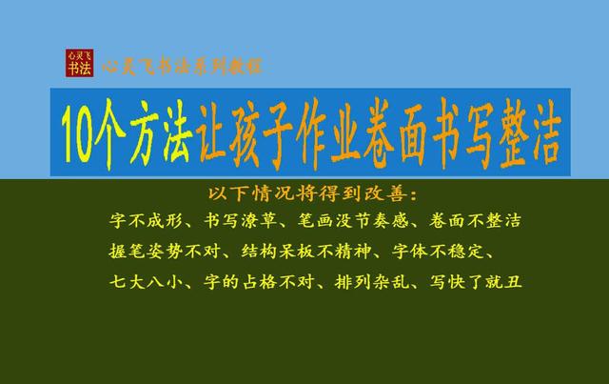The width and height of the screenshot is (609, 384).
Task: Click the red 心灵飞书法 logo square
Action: point(80,64)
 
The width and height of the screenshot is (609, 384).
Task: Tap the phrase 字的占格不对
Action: point(259,283)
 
